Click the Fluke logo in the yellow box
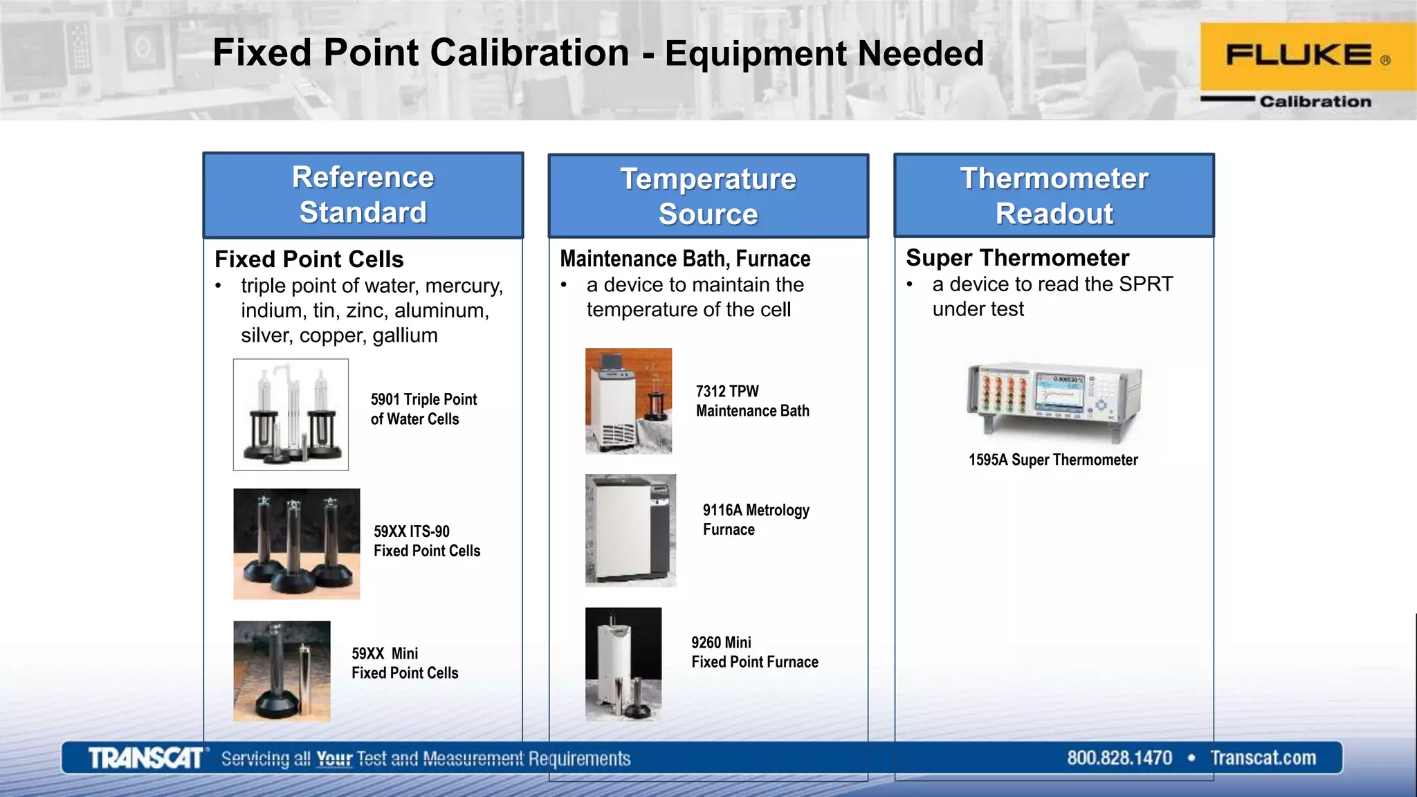pos(1299,55)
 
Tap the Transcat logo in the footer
pos(146,758)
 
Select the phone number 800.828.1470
pos(1119,758)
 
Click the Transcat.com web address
pos(1263,758)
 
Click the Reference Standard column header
pos(363,195)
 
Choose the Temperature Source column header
pos(708,196)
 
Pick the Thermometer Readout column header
pos(1054,196)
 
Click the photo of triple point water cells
pos(291,414)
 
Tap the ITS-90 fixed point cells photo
pos(296,544)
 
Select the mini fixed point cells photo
pos(282,671)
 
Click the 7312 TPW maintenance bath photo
pos(628,401)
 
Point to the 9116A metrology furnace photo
pos(630,530)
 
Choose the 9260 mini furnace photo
pos(623,664)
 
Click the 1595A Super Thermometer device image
pos(1053,402)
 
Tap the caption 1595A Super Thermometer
pos(1052,460)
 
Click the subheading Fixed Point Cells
pos(309,259)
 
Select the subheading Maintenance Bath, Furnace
pos(685,259)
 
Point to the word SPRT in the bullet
pos(1146,284)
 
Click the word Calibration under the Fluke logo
pos(1315,102)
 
